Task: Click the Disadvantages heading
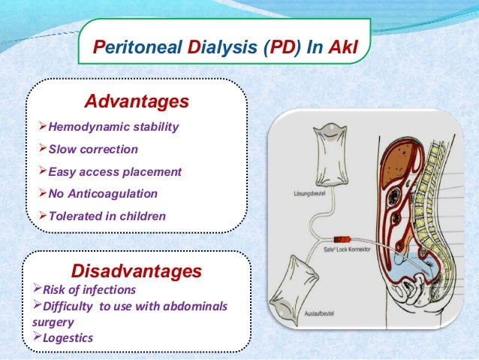pyautogui.click(x=136, y=270)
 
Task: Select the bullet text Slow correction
pyautogui.click(x=93, y=149)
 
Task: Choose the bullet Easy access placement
pyautogui.click(x=114, y=171)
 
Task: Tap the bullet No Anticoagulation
pyautogui.click(x=103, y=194)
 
